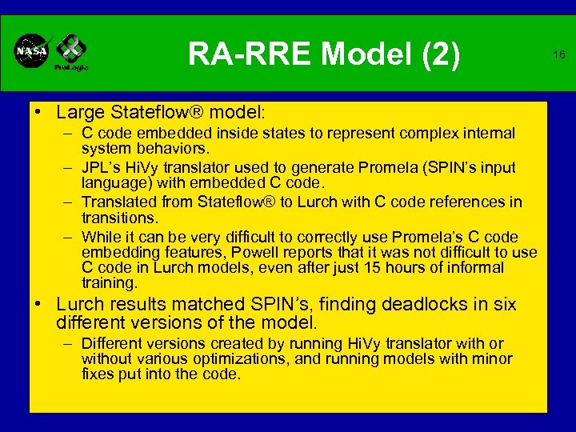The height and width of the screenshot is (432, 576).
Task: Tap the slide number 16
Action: (559, 54)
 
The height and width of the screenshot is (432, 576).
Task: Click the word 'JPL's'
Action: (101, 168)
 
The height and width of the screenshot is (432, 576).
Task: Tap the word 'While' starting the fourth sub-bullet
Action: (102, 238)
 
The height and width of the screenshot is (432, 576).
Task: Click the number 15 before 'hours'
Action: (352, 268)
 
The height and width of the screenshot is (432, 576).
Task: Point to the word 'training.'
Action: (110, 283)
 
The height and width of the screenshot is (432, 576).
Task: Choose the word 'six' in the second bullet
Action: (505, 305)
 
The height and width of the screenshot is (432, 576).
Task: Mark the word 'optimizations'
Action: (253, 359)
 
